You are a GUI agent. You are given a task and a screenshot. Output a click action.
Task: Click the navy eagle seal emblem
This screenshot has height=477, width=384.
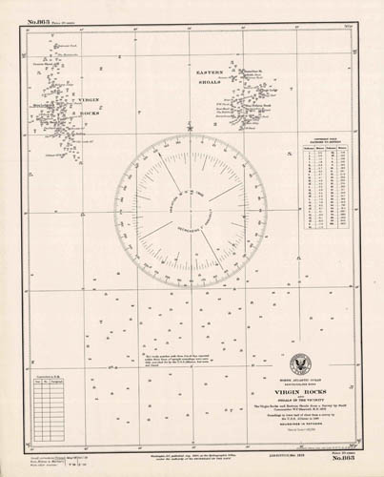[x=302, y=363]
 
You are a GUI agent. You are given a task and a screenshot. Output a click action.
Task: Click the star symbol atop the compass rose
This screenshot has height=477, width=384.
[x=191, y=126]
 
